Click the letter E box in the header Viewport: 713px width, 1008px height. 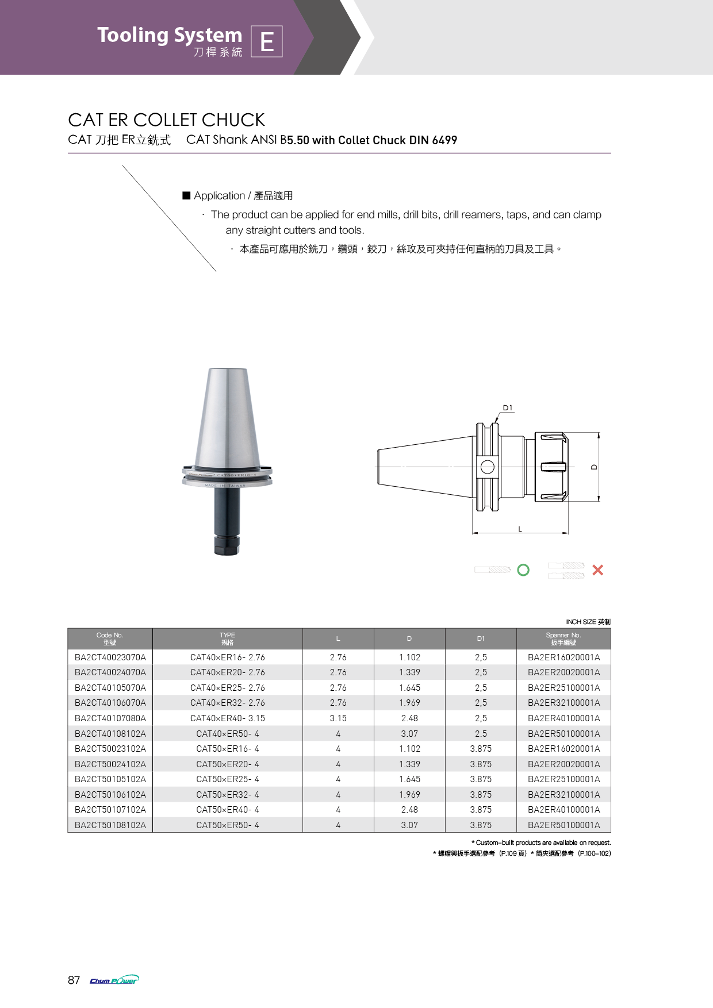point(267,41)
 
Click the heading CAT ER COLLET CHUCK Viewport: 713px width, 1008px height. point(166,120)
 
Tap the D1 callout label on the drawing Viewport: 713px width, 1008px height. point(507,408)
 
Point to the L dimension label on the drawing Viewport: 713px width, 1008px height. point(520,529)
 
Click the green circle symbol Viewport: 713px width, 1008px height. point(523,570)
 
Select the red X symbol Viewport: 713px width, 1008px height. point(597,570)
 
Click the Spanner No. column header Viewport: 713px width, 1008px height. point(563,638)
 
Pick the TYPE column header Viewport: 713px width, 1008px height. point(227,638)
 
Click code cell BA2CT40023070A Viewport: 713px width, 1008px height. point(110,657)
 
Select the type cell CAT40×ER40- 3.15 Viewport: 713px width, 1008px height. point(227,718)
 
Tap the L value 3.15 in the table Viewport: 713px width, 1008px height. point(338,718)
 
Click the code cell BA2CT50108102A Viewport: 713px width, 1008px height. point(110,825)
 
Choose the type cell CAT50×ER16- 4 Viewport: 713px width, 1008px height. point(227,748)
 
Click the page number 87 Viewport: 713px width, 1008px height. point(74,980)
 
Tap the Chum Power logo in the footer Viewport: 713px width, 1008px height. point(114,980)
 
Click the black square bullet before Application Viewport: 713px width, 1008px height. point(186,195)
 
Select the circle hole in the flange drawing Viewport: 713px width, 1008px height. point(487,467)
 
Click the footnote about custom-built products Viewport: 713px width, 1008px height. point(541,842)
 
